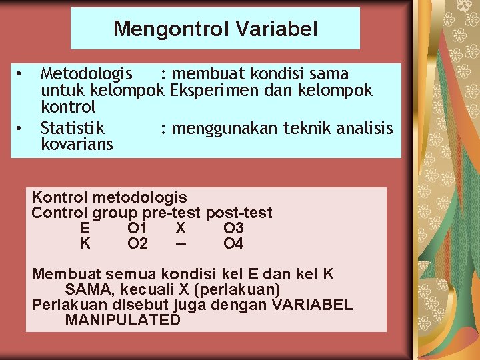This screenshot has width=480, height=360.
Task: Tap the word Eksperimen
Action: pos(211,90)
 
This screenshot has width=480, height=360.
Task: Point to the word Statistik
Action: pos(73,127)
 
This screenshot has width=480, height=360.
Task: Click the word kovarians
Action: pos(77,144)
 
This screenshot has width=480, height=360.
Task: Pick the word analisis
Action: pos(366,127)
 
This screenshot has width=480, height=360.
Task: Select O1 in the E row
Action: pos(137,229)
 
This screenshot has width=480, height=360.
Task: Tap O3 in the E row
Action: pos(233,229)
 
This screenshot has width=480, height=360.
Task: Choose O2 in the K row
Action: pos(137,244)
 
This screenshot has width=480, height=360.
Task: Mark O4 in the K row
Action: pos(233,244)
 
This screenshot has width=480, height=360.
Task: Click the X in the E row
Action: pos(180,229)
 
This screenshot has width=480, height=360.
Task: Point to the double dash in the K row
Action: pos(180,244)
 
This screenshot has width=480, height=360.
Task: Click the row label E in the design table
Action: pos(85,229)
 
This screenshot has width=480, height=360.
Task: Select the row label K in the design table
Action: pos(85,244)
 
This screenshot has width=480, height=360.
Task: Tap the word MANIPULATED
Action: pos(123,320)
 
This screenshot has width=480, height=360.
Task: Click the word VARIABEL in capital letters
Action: pos(312,305)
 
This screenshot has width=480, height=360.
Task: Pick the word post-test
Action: pos(239,213)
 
